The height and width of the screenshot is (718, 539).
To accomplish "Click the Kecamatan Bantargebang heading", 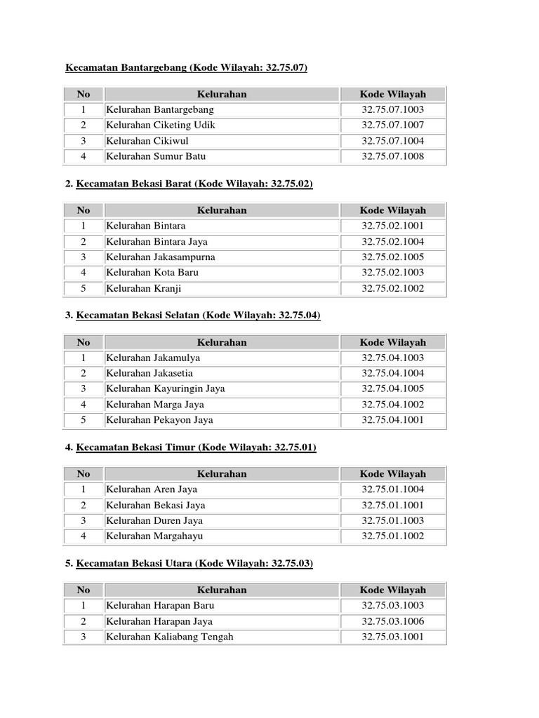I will tap(186, 67).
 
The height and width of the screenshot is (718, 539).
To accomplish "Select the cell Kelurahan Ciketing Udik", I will tap(161, 125).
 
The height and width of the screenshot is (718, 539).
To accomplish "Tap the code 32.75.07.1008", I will tap(393, 156).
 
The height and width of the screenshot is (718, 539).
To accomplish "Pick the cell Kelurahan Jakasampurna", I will tap(161, 257).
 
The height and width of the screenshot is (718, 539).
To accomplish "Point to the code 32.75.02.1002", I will tap(393, 288).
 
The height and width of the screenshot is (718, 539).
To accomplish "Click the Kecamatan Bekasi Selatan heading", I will tap(198, 316).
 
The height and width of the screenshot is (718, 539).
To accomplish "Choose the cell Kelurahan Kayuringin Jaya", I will tap(166, 388).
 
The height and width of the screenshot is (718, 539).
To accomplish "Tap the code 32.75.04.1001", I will tap(393, 420).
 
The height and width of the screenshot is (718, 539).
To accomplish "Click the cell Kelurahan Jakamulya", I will tap(153, 358).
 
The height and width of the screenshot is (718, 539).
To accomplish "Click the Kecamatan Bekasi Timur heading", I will tap(196, 447).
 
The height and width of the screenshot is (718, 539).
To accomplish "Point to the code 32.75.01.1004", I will tap(393, 489).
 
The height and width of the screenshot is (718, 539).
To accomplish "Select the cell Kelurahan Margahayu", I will tap(150, 536).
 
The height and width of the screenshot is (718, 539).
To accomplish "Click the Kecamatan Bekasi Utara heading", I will tap(194, 563).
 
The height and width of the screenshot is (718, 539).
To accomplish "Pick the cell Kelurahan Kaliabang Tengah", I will tap(170, 637).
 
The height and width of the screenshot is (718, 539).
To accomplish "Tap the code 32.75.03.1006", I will tap(393, 621).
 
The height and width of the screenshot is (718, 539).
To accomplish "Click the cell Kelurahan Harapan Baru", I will tap(160, 605).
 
